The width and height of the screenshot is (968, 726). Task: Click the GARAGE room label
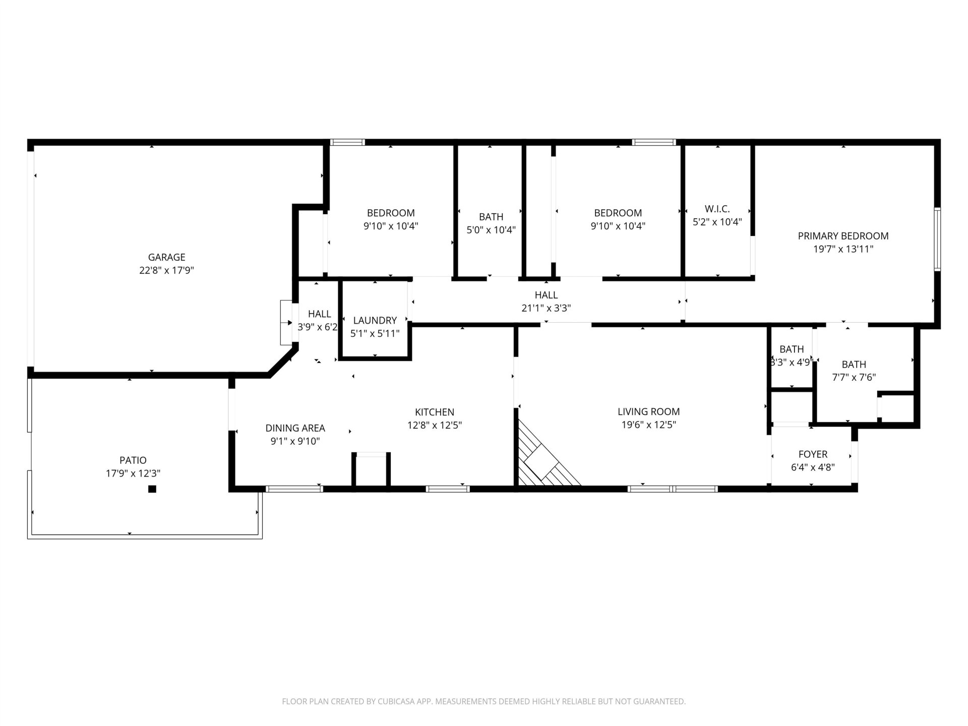[x=166, y=257]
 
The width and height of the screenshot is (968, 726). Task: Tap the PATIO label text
[x=133, y=460]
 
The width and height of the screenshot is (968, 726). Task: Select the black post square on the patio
[x=152, y=489]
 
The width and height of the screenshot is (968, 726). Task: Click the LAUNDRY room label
[x=375, y=320]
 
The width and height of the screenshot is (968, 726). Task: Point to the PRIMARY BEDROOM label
[x=843, y=235]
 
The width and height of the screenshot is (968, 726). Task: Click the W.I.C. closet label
[x=717, y=209]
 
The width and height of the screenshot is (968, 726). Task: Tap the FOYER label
[x=813, y=454]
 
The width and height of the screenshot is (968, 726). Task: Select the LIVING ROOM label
[x=648, y=411]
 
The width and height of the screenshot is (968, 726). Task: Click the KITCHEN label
[x=435, y=412]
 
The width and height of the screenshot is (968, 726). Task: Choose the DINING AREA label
[x=295, y=428]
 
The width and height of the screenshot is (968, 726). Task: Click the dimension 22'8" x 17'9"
[x=166, y=271]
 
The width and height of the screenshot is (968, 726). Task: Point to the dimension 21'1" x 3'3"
[x=546, y=308]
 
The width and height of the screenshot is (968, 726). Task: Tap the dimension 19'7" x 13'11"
[x=843, y=249]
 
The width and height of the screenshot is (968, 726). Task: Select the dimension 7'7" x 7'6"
[x=854, y=377]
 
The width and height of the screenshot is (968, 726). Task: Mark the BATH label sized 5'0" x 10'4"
[x=491, y=217]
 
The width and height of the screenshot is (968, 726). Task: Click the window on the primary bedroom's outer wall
[x=937, y=239]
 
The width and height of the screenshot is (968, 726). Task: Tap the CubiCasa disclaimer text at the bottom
[x=484, y=701]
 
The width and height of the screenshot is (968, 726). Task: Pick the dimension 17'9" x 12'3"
[x=133, y=473]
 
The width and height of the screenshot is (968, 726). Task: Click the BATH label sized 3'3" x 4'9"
[x=792, y=349]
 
